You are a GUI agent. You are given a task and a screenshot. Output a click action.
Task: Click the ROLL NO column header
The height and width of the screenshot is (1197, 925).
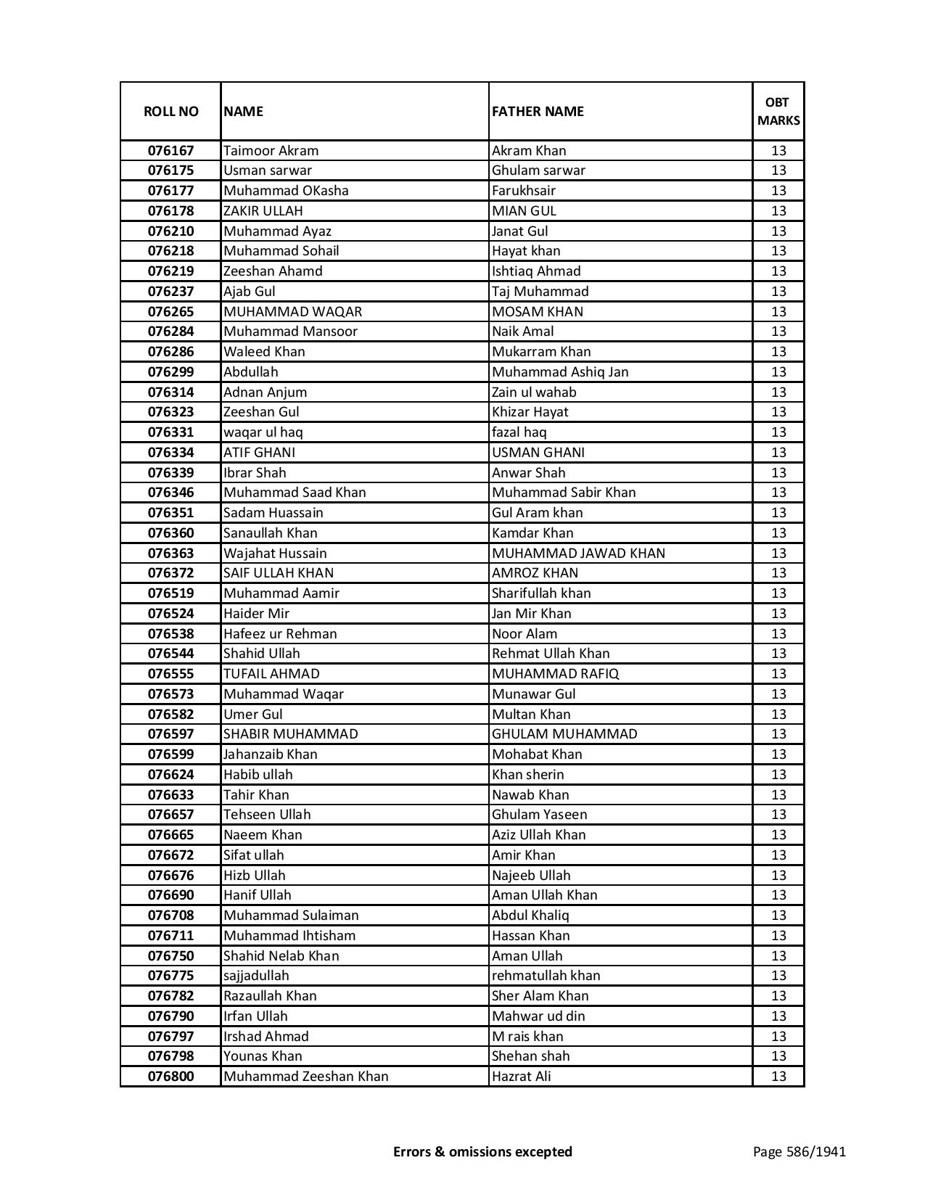click(170, 112)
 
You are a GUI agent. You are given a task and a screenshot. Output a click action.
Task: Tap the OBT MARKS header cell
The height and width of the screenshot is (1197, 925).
click(778, 112)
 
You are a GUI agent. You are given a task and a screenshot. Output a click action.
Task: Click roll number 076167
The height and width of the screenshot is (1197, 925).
click(170, 151)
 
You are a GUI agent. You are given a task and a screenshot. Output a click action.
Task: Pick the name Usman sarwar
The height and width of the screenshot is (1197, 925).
click(268, 170)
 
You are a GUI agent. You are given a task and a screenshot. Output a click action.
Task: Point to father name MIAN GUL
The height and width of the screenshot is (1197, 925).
click(524, 211)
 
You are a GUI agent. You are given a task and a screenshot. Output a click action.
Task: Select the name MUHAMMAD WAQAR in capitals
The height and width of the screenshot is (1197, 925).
click(292, 312)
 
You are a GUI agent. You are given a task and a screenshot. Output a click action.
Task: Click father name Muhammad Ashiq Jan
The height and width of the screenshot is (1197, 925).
click(560, 372)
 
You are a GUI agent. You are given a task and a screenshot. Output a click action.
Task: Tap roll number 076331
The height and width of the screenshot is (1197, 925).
click(170, 432)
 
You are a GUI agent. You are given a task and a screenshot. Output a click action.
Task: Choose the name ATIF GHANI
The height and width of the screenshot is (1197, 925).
click(259, 453)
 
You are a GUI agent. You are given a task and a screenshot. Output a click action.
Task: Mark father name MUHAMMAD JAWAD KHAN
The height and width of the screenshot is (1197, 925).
click(578, 554)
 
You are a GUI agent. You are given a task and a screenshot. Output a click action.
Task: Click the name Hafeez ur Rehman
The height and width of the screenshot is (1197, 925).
click(280, 634)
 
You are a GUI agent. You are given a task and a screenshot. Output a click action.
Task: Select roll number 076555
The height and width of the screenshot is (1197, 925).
click(170, 674)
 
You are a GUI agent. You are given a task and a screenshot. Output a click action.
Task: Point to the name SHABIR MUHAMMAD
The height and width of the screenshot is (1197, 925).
click(290, 734)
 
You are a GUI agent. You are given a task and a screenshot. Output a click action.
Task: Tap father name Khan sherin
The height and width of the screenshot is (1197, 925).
click(527, 775)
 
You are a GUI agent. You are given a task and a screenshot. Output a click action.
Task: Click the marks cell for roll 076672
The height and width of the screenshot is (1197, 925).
click(778, 855)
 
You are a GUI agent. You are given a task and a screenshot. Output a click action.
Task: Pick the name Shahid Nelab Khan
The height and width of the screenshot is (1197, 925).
click(281, 956)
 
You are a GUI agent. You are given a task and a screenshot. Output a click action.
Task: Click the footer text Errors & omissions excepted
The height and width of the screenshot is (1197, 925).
click(482, 1151)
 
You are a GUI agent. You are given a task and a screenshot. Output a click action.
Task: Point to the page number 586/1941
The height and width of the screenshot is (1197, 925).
click(799, 1151)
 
